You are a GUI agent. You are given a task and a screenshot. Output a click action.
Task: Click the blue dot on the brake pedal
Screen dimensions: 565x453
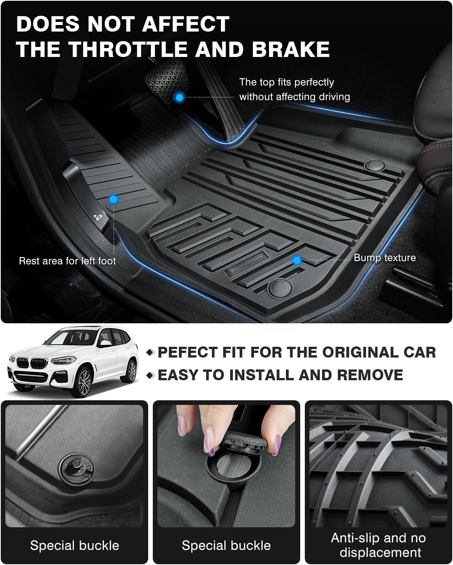179,97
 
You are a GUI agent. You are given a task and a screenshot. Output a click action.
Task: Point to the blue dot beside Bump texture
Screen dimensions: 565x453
296,261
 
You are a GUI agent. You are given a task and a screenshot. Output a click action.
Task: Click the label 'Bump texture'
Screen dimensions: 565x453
384,257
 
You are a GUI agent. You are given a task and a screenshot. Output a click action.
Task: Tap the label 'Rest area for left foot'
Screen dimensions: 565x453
67,261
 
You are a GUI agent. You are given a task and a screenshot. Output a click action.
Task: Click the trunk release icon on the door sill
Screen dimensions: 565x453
96,216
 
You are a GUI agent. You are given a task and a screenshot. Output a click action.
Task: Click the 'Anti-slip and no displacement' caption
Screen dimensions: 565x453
378,545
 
